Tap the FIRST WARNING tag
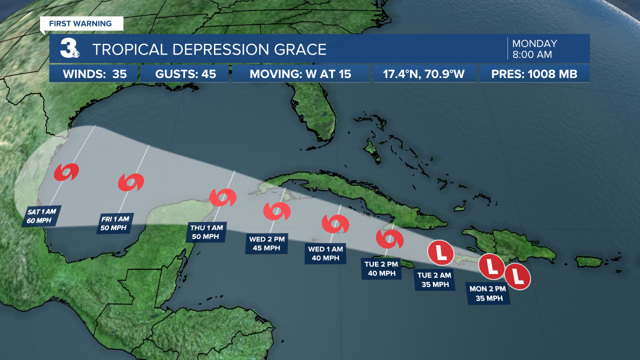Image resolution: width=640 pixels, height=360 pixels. click(x=80, y=23)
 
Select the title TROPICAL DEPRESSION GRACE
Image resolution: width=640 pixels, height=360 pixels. click(x=209, y=49)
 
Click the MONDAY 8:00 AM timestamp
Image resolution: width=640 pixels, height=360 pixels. click(x=534, y=49)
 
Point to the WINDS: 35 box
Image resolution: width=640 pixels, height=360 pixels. click(x=93, y=74)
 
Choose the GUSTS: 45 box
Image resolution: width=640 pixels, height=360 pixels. click(x=184, y=74)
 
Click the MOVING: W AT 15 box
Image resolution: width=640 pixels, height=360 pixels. click(x=300, y=74)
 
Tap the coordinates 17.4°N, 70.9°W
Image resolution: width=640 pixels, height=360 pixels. click(x=423, y=74)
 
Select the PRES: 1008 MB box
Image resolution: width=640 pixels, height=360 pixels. click(x=534, y=74)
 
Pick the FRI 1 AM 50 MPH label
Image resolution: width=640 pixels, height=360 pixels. click(x=114, y=223)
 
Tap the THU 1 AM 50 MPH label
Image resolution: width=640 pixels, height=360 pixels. click(x=205, y=232)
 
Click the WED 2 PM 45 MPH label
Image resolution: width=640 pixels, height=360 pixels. click(x=267, y=243)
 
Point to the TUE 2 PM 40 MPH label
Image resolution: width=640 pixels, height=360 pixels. click(x=381, y=268)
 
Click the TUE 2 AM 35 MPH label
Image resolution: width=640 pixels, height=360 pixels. click(x=435, y=280)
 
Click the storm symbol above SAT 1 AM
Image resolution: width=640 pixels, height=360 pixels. click(x=66, y=172)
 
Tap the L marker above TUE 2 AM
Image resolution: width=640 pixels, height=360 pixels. click(x=440, y=252)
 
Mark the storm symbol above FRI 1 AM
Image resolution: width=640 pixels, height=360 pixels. click(x=131, y=182)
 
